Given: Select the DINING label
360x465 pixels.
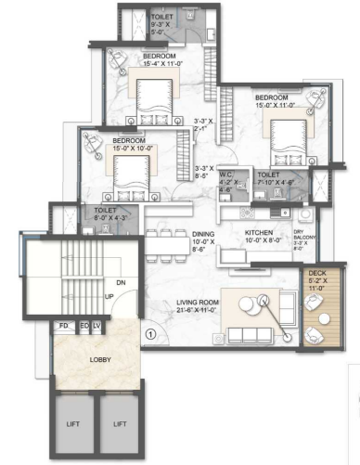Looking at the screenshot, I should click(x=204, y=233).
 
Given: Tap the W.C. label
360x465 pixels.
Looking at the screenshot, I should click(x=226, y=174).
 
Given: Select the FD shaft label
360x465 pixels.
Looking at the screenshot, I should click(x=65, y=327).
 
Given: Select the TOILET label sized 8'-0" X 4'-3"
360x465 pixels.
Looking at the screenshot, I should click(x=105, y=211).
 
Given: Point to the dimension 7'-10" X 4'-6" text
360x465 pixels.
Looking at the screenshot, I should click(x=270, y=183).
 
